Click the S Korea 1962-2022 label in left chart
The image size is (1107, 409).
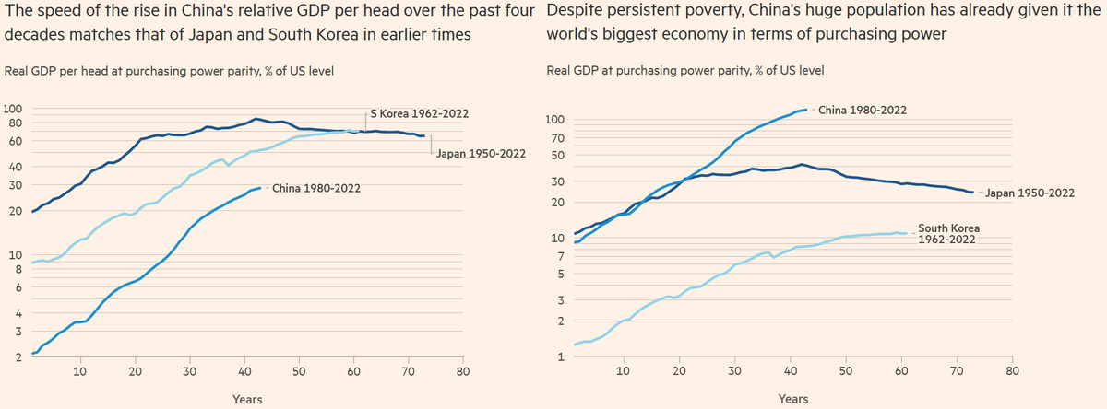click(420, 113)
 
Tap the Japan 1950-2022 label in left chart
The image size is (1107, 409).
click(480, 154)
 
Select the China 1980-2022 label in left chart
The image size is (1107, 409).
click(316, 189)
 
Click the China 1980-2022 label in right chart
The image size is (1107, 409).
click(863, 110)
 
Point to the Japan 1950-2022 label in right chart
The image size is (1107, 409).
click(1030, 193)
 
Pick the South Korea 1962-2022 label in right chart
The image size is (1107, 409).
click(948, 233)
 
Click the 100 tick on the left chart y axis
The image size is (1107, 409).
click(13, 110)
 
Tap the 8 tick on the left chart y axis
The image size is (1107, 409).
click(18, 270)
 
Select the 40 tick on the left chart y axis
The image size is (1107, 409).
click(15, 167)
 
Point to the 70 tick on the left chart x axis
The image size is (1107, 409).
click(408, 371)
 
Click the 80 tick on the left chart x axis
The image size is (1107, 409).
click(463, 371)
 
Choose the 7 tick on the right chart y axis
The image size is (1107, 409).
click(556, 255)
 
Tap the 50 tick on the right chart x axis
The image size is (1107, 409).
click(846, 371)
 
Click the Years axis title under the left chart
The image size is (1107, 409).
click(247, 399)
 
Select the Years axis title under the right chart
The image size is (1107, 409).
click(793, 399)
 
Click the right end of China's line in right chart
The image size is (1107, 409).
click(806, 110)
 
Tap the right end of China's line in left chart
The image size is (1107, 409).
click(260, 188)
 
